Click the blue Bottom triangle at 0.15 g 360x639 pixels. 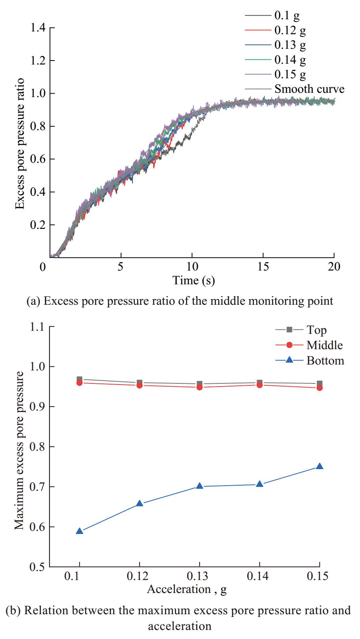[x=320, y=467]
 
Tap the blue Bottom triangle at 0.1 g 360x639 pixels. [x=79, y=531]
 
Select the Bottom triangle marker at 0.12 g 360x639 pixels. [x=140, y=504]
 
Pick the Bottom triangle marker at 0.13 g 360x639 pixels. [x=200, y=486]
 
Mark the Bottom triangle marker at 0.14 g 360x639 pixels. [x=259, y=484]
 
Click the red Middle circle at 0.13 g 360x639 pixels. [x=200, y=387]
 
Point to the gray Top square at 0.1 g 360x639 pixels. [x=79, y=379]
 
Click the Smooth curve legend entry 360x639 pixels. [x=309, y=89]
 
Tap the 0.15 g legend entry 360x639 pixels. [x=290, y=74]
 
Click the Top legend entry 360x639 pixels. [x=317, y=330]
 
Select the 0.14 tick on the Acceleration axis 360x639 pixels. [x=259, y=578]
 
